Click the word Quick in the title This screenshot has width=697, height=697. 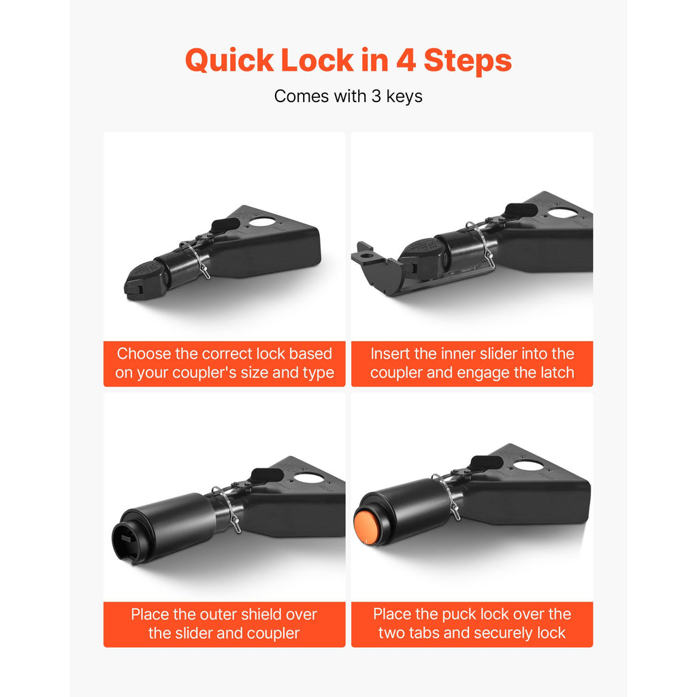tap(229, 60)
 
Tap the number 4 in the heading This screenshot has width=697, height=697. tap(406, 60)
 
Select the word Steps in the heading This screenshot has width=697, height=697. tap(468, 61)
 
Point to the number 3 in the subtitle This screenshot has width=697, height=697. tap(376, 96)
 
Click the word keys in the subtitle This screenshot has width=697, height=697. tap(404, 97)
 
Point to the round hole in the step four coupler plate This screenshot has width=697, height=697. tap(528, 467)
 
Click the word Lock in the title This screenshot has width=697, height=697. tap(317, 60)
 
